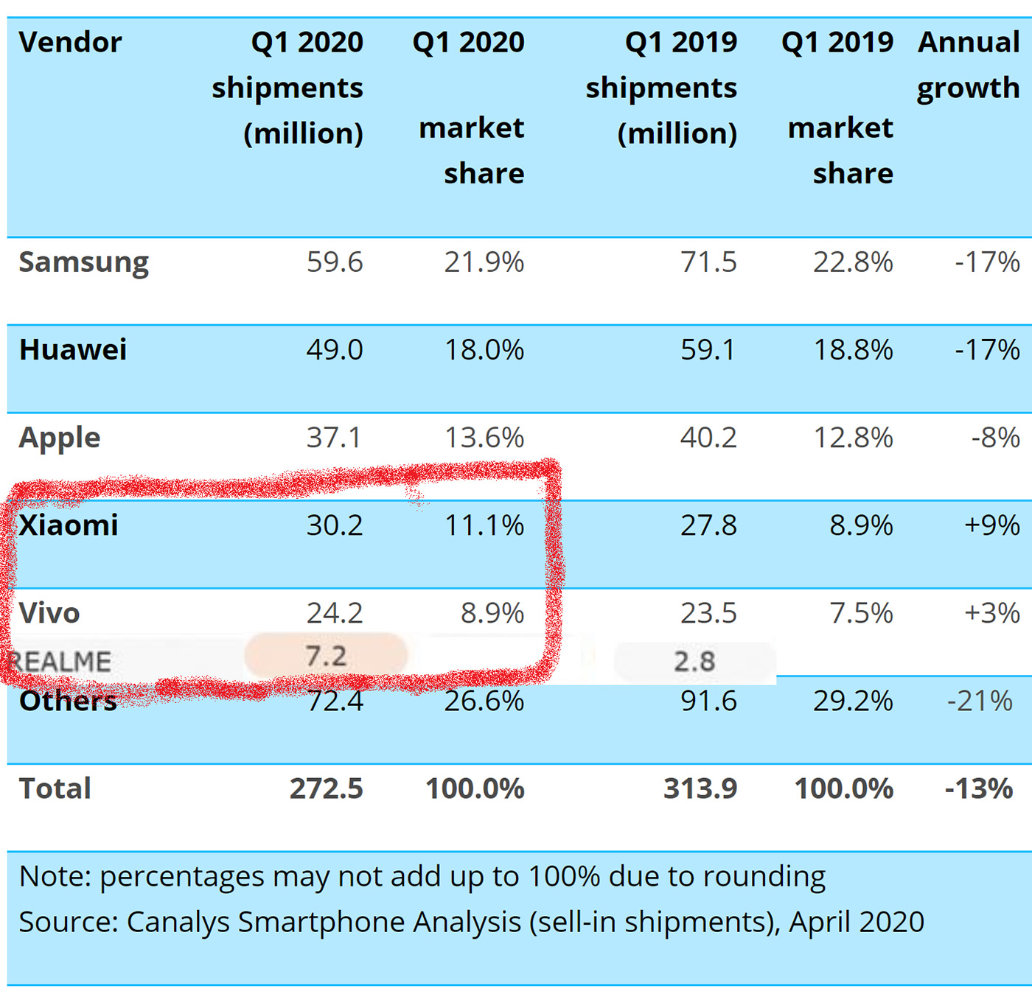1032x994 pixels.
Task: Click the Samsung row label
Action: click(x=83, y=263)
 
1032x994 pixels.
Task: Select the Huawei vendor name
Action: click(x=73, y=350)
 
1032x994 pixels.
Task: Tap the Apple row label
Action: click(x=59, y=438)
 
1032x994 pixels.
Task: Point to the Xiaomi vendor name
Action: click(x=69, y=525)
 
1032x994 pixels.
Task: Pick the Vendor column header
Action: click(x=70, y=42)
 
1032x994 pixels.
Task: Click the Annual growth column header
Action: click(x=969, y=65)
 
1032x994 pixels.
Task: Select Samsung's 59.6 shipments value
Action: click(x=335, y=262)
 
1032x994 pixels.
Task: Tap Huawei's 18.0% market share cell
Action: click(x=484, y=350)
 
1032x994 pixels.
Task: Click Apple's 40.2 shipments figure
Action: click(x=708, y=438)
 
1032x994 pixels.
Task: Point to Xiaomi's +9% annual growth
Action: click(x=991, y=525)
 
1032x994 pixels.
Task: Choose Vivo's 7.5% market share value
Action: click(x=861, y=613)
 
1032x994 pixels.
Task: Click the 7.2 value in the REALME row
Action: click(x=326, y=656)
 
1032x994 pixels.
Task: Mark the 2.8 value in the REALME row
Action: click(x=694, y=661)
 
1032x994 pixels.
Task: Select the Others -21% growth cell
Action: click(x=980, y=701)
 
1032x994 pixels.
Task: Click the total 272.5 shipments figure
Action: click(x=326, y=788)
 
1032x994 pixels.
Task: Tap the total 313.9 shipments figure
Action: click(x=700, y=788)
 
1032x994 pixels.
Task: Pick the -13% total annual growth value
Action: click(x=978, y=788)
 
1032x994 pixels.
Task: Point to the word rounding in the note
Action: click(x=764, y=877)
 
